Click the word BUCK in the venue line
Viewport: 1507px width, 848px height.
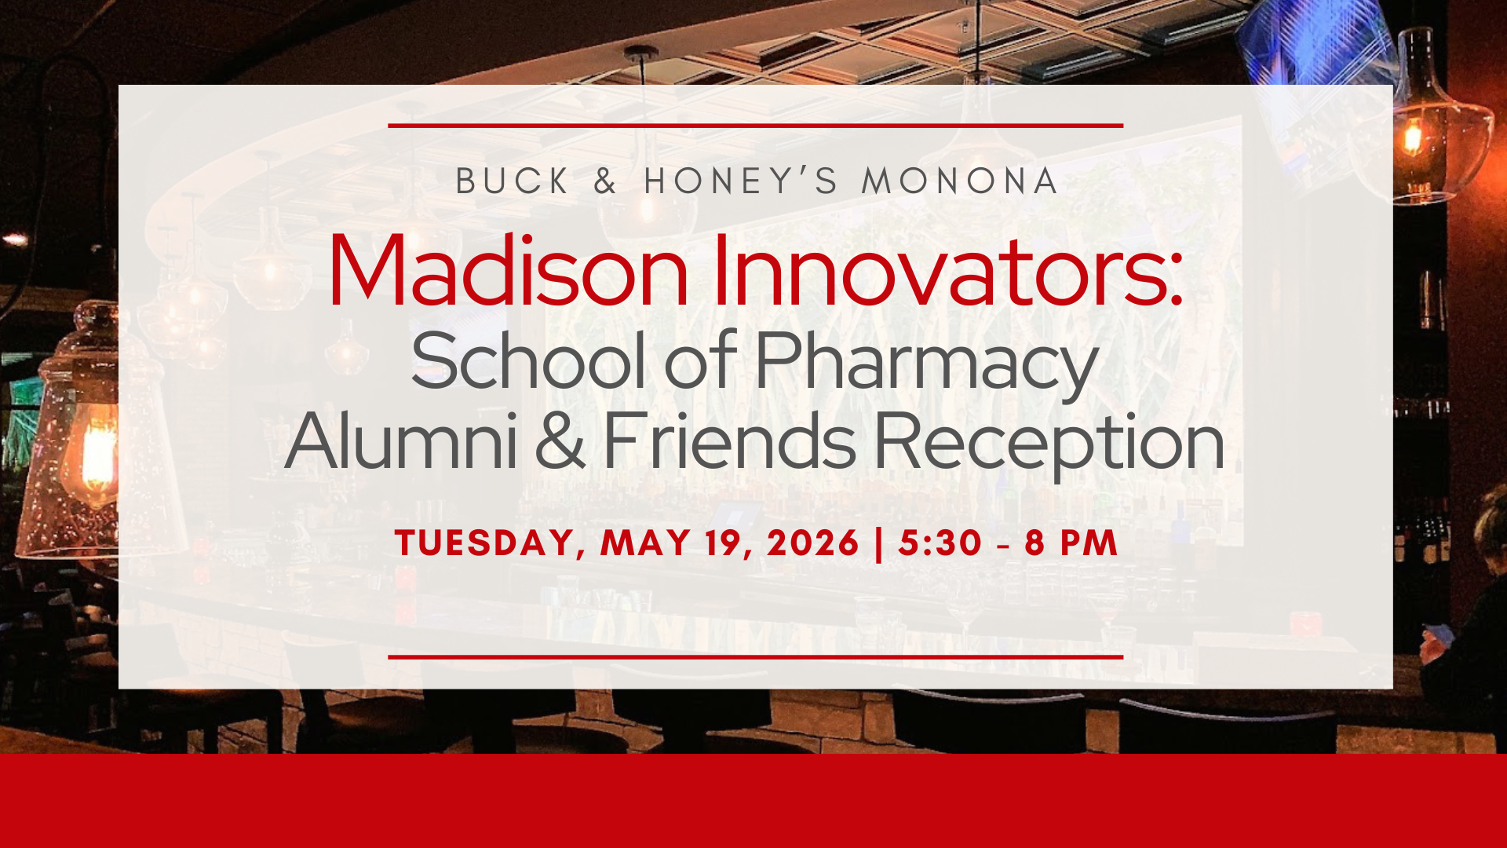point(513,181)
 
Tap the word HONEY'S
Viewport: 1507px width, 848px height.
point(742,181)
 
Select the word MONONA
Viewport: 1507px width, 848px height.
point(960,181)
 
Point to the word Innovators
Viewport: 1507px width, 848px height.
point(947,270)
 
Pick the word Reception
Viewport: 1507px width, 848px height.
point(1049,444)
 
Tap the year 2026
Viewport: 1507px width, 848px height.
point(813,543)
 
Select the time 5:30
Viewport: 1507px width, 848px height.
point(940,543)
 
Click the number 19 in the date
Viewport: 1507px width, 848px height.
point(729,543)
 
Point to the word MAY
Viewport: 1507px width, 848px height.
point(645,543)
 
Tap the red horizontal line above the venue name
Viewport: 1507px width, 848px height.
point(755,125)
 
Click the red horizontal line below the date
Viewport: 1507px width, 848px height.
point(755,657)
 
